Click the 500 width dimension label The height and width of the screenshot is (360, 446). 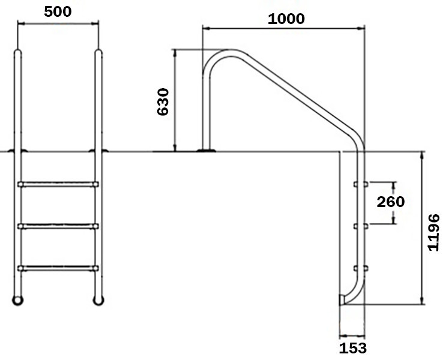click(58, 11)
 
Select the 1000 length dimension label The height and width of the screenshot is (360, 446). click(286, 18)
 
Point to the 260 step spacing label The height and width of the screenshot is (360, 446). click(390, 202)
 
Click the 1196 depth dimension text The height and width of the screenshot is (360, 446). click(435, 232)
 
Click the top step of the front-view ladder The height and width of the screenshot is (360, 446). click(58, 184)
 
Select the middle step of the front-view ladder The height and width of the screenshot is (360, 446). click(58, 226)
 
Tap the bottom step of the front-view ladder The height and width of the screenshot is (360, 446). click(58, 267)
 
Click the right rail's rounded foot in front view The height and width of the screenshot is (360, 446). click(98, 298)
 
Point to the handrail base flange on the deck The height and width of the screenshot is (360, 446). click(206, 150)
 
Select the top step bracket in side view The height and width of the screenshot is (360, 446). click(361, 184)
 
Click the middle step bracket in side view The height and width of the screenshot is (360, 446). click(361, 226)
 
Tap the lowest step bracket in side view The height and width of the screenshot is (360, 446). click(361, 268)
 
